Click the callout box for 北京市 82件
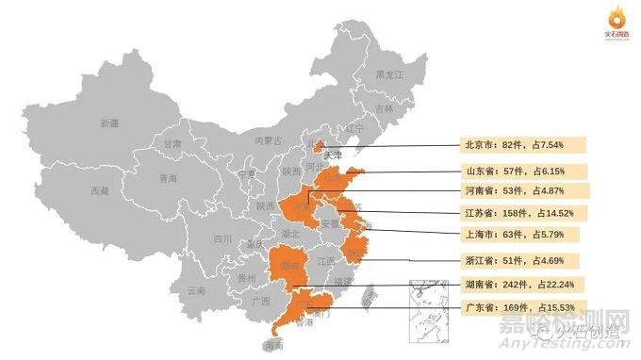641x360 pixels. [524, 146]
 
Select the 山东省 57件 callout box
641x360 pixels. [524, 171]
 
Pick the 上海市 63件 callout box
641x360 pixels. [524, 234]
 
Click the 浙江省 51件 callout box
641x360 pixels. [524, 259]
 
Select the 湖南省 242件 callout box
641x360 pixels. [524, 284]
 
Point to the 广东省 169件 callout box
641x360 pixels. [524, 307]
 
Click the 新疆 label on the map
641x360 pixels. [109, 123]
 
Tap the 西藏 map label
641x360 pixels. [99, 191]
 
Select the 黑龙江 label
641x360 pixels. [388, 74]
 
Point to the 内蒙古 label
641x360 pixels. [268, 140]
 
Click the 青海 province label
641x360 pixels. [168, 178]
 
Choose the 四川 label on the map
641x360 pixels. [222, 239]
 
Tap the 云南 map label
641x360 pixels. [196, 290]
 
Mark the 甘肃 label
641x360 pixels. [173, 144]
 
